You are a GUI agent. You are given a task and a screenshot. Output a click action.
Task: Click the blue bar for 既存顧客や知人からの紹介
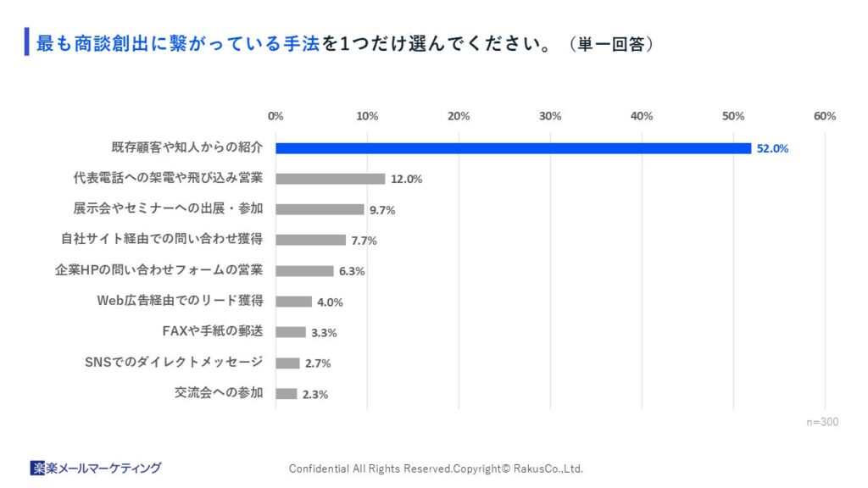click(513, 148)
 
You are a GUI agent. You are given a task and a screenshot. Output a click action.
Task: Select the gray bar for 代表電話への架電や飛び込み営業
click(331, 179)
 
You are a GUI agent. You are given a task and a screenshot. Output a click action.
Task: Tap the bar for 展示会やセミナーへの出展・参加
click(320, 209)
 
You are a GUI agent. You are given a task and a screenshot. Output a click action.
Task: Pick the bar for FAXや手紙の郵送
click(291, 332)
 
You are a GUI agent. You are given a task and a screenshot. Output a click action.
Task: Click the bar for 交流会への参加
click(286, 394)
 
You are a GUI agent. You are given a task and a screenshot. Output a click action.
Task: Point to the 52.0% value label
click(772, 148)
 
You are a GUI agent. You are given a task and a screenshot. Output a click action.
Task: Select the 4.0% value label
click(329, 302)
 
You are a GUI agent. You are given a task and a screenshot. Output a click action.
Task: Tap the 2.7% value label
click(317, 363)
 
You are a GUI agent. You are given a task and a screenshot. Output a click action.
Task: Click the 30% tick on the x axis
click(550, 116)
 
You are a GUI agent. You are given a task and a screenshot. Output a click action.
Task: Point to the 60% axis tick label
click(824, 116)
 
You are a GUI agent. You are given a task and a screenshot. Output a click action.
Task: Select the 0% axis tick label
click(275, 116)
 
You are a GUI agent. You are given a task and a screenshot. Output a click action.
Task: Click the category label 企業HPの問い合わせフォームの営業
click(159, 270)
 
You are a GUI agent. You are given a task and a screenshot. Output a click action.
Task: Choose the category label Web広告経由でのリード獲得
click(180, 301)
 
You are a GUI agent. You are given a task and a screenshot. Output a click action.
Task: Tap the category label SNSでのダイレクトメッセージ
click(175, 363)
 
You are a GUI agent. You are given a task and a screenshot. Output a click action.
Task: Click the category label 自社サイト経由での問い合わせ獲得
click(161, 239)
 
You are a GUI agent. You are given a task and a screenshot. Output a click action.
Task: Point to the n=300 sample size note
click(821, 421)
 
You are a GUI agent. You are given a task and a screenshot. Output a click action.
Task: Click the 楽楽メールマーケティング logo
click(95, 468)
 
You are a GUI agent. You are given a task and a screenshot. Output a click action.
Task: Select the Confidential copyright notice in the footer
click(436, 469)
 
